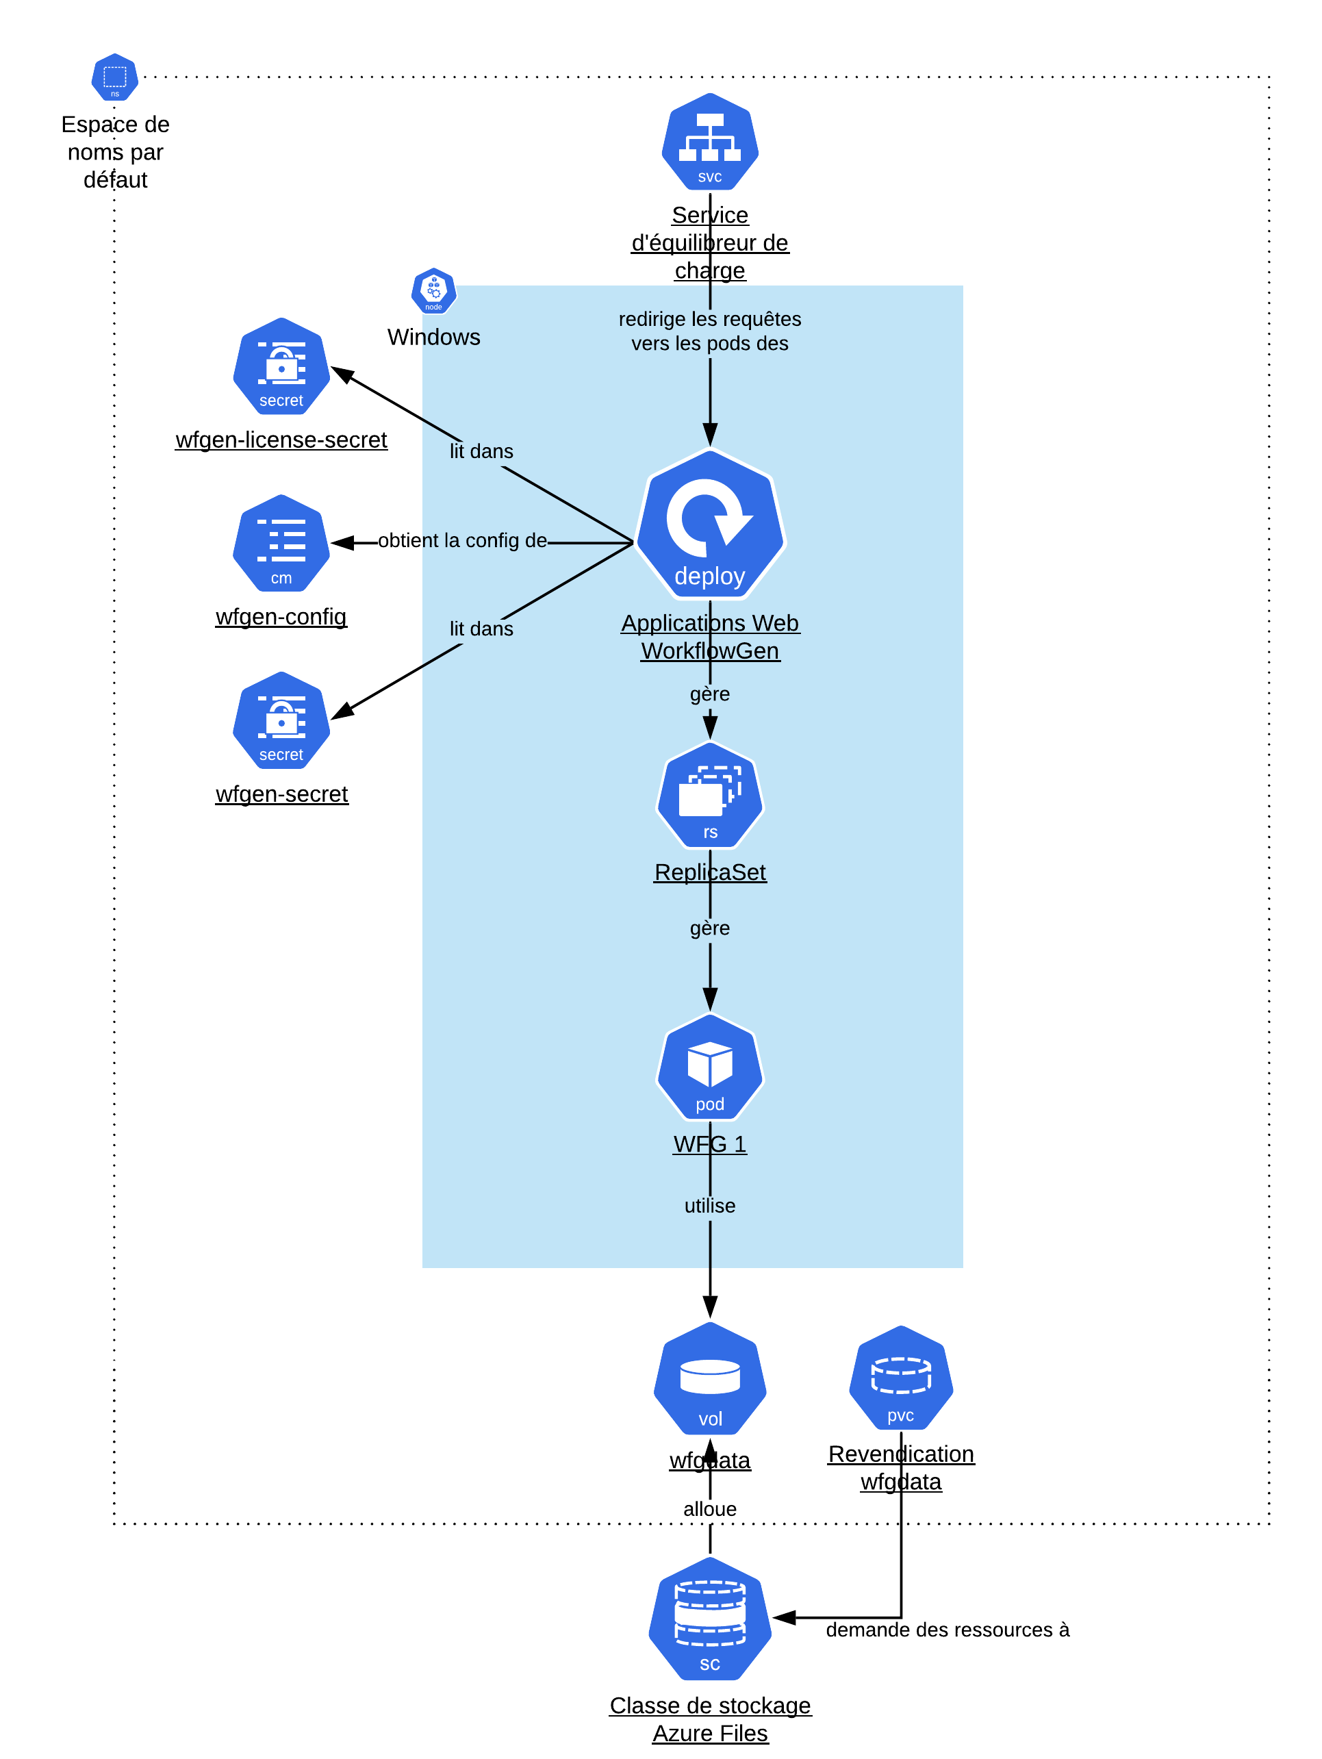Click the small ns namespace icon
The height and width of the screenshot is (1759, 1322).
click(x=115, y=77)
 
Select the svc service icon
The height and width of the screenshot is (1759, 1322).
click(x=710, y=142)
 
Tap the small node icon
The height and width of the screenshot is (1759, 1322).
click(x=433, y=290)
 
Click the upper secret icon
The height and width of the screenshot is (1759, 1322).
click(x=281, y=366)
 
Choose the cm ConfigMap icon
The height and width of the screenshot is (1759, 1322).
click(x=281, y=543)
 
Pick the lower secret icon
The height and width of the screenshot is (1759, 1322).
click(x=281, y=720)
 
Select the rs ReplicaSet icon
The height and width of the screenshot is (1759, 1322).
click(x=710, y=795)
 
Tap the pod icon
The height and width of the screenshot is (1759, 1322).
click(x=710, y=1067)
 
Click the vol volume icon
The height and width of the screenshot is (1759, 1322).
click(x=710, y=1379)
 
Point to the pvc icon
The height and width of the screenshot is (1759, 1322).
click(x=901, y=1378)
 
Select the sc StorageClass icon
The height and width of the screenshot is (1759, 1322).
click(x=710, y=1619)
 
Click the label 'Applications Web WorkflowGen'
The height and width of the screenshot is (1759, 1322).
click(x=710, y=636)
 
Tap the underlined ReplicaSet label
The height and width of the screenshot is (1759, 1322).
click(x=710, y=872)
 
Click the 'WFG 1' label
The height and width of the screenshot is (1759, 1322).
click(x=710, y=1144)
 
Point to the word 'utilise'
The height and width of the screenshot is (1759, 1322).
click(x=710, y=1206)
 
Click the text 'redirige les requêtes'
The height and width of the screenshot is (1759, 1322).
click(x=710, y=319)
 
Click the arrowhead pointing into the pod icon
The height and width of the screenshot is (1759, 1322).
click(x=710, y=999)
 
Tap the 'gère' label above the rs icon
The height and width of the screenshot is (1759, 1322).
click(x=710, y=694)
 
